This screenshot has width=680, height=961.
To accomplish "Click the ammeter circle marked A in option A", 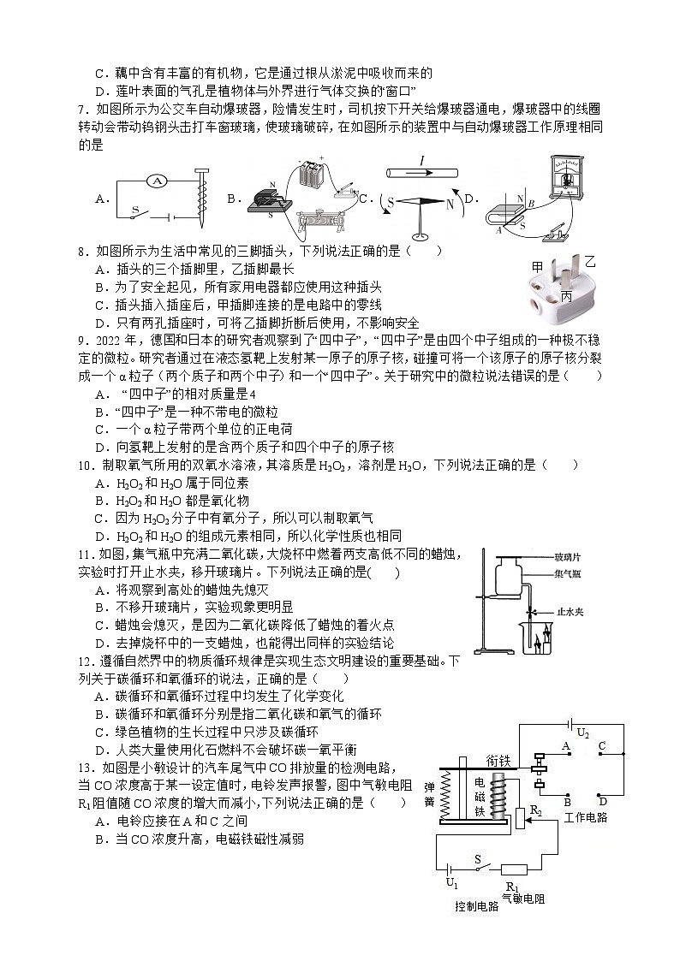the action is tap(155, 181).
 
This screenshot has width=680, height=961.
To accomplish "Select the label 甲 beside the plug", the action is tap(537, 266).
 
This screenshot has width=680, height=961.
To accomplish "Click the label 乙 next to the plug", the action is tap(590, 258).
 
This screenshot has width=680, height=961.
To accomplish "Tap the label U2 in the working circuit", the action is tap(583, 733).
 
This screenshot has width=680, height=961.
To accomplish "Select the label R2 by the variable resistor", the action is tap(536, 810).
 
